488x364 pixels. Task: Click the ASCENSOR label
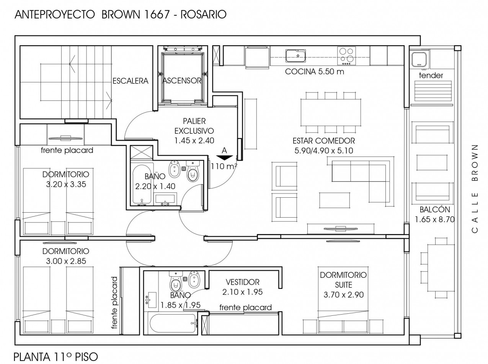pyautogui.click(x=182, y=80)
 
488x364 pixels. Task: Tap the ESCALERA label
pyautogui.click(x=131, y=81)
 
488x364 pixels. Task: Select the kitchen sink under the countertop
pyautogui.click(x=295, y=56)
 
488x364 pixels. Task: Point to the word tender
pyautogui.click(x=431, y=75)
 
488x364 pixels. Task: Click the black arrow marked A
pyautogui.click(x=224, y=158)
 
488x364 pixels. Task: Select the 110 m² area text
pyautogui.click(x=224, y=166)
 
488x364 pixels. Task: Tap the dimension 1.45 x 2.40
pyautogui.click(x=194, y=141)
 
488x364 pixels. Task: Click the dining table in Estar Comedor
pyautogui.click(x=331, y=112)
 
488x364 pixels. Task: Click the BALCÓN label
pyautogui.click(x=435, y=209)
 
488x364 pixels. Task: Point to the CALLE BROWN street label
pyautogui.click(x=475, y=189)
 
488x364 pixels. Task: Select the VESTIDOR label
pyautogui.click(x=242, y=282)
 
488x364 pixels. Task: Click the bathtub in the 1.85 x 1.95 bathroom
pyautogui.click(x=173, y=324)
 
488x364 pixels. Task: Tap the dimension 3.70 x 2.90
pyautogui.click(x=343, y=295)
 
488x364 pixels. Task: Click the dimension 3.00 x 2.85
pyautogui.click(x=66, y=261)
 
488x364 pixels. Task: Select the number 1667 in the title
pyautogui.click(x=155, y=15)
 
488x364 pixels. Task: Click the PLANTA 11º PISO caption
pyautogui.click(x=56, y=357)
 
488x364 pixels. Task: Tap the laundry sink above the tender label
pyautogui.click(x=419, y=59)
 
